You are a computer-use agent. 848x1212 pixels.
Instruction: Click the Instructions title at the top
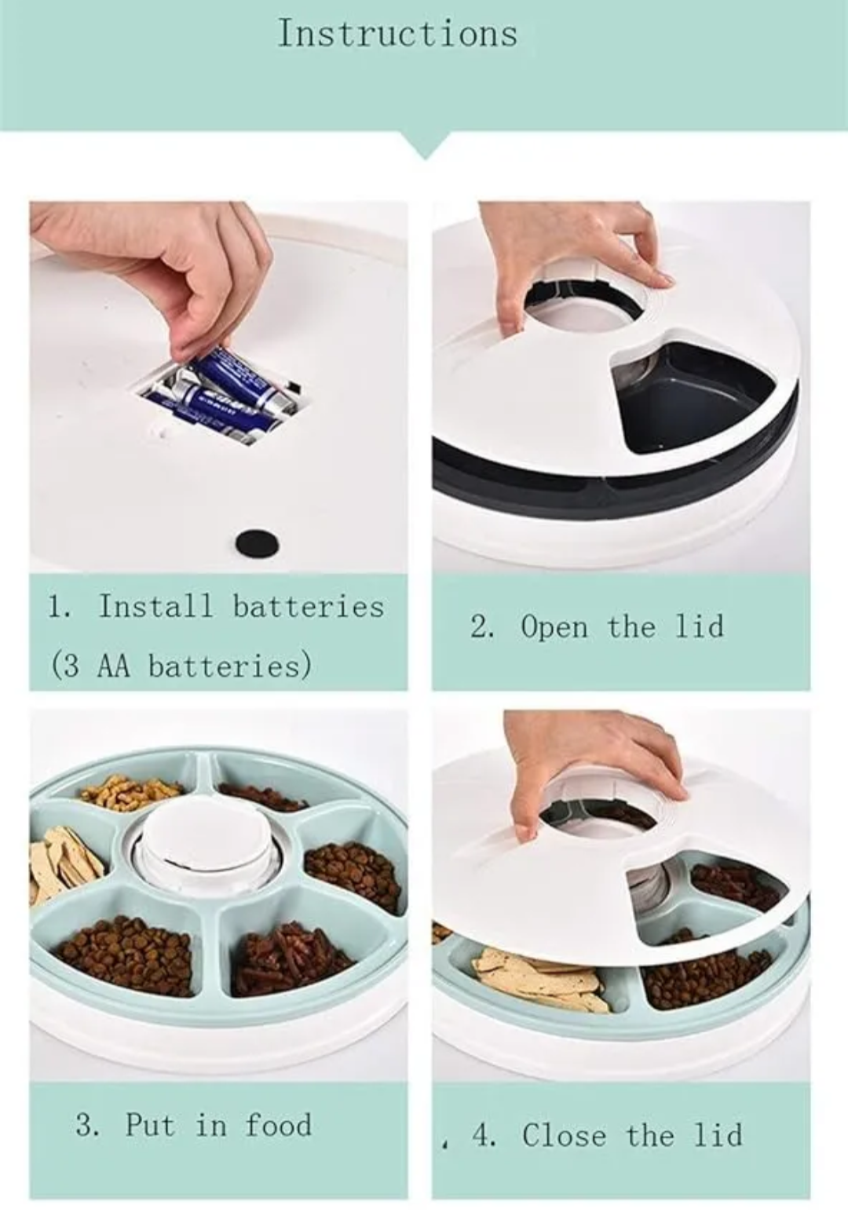tap(397, 34)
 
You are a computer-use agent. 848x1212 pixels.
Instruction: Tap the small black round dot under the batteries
tap(258, 541)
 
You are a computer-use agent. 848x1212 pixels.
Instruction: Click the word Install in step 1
tap(155, 607)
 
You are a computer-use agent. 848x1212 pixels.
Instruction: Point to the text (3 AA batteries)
tap(181, 666)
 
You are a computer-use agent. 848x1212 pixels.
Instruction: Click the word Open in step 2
tap(554, 627)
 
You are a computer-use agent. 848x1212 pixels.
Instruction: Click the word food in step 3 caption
tap(278, 1125)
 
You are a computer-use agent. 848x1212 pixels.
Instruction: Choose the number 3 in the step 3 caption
tap(86, 1125)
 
